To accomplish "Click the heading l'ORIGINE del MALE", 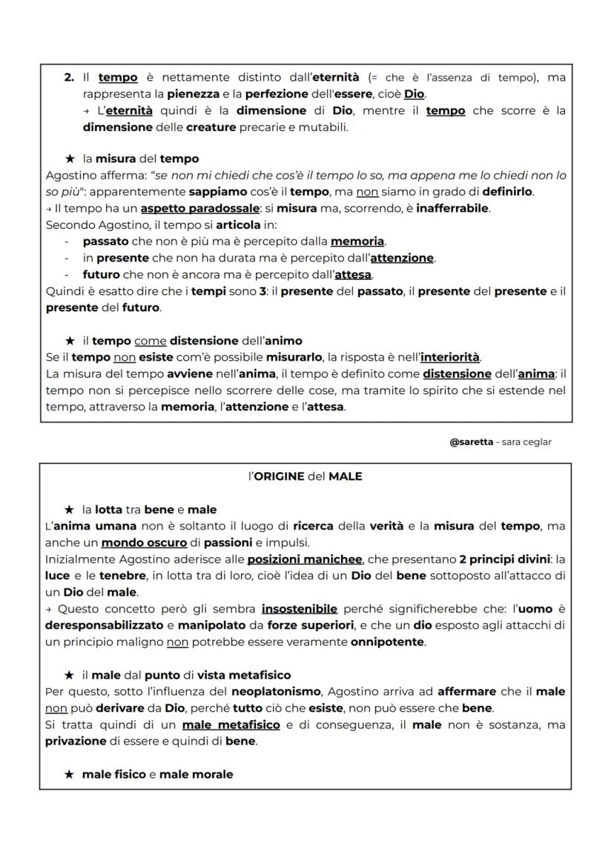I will (305, 476).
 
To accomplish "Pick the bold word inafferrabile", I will (452, 208).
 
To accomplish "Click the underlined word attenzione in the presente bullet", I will (401, 258).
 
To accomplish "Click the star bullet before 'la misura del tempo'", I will (70, 159).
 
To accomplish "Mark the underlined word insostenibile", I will (299, 608).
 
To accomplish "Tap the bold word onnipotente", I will (388, 642).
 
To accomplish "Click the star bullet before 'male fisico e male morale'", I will (70, 774).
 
